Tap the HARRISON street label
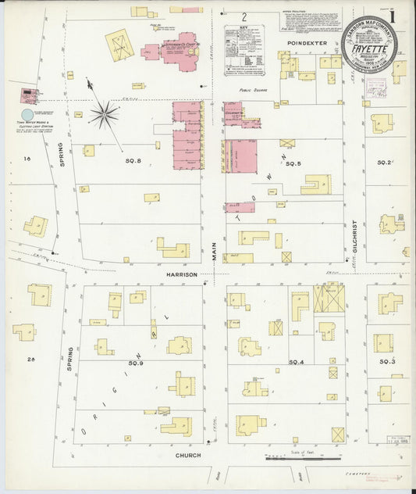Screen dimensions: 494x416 pyautogui.click(x=180, y=274)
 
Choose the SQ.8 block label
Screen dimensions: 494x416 pyautogui.click(x=134, y=160)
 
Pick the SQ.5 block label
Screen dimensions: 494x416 pyautogui.click(x=293, y=163)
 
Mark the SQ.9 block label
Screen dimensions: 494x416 pyautogui.click(x=135, y=363)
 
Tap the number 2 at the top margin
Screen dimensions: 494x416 pyautogui.click(x=244, y=16)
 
